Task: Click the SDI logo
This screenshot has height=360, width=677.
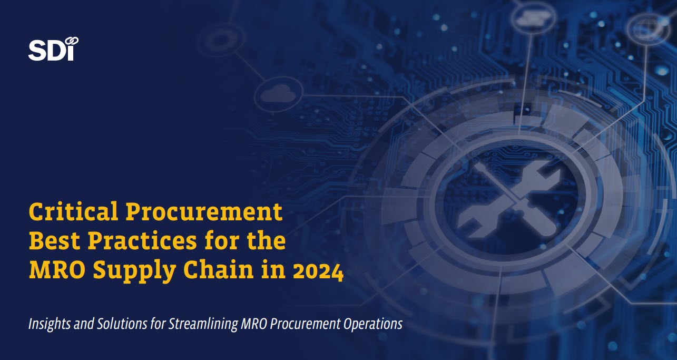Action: click(53, 49)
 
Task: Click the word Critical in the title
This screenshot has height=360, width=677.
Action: click(73, 211)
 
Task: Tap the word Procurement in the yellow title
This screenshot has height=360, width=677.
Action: click(204, 211)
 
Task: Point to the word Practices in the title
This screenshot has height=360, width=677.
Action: click(142, 240)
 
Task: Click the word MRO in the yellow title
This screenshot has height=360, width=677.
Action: click(57, 269)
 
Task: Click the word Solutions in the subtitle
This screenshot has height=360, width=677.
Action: click(122, 324)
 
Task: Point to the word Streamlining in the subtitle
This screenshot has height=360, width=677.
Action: click(203, 324)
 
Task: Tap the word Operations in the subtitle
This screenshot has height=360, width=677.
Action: click(372, 324)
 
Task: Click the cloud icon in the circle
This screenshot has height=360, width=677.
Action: click(278, 93)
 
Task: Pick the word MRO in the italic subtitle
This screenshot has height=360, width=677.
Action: click(254, 324)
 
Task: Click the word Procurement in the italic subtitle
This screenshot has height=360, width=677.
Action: click(305, 324)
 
